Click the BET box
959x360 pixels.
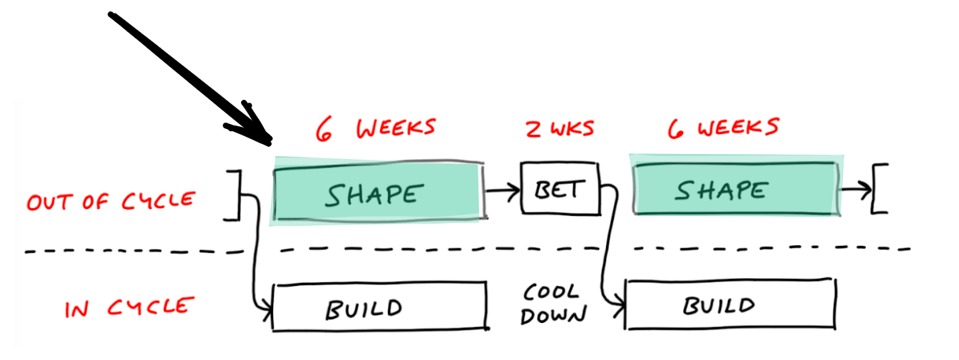[x=560, y=188]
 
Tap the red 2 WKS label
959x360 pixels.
[x=560, y=129]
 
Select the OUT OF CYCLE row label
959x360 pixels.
[x=110, y=201]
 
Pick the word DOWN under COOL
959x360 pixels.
[x=553, y=316]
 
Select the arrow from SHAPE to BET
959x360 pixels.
[x=502, y=191]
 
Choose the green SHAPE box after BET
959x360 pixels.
[x=734, y=190]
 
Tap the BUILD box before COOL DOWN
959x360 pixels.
[x=379, y=307]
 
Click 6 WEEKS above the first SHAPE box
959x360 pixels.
[x=375, y=129]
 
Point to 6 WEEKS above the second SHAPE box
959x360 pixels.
[x=723, y=128]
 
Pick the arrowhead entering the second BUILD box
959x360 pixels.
[x=619, y=307]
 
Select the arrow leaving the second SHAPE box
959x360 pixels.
[x=854, y=190]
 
